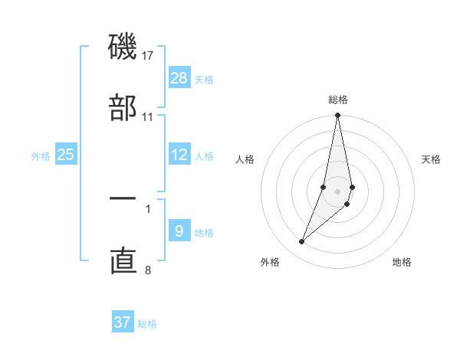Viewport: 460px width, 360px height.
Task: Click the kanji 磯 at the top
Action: pyautogui.click(x=123, y=48)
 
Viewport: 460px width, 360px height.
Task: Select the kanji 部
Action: pyautogui.click(x=123, y=108)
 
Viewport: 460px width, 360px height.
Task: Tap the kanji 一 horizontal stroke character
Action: pyautogui.click(x=123, y=199)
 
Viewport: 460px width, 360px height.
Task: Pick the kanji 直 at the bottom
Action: pyautogui.click(x=123, y=260)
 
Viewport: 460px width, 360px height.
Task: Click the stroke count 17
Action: pyautogui.click(x=148, y=56)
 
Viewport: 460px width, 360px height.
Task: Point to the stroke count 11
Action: pyautogui.click(x=148, y=117)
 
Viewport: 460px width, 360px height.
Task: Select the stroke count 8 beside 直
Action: pyautogui.click(x=148, y=270)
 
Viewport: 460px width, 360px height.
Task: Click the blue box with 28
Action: pyautogui.click(x=179, y=78)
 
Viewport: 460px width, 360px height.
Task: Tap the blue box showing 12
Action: pyautogui.click(x=179, y=155)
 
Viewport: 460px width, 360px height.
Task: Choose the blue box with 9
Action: pyautogui.click(x=179, y=231)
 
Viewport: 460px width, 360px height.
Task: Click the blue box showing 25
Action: pyautogui.click(x=66, y=155)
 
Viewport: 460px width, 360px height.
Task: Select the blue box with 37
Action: pyautogui.click(x=123, y=322)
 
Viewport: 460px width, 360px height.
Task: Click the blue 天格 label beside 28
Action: pyautogui.click(x=204, y=79)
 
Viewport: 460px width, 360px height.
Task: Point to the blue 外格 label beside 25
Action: pyautogui.click(x=41, y=155)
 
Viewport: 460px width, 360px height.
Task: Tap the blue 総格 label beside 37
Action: pyautogui.click(x=147, y=323)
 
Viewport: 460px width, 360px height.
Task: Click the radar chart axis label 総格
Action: pyautogui.click(x=338, y=100)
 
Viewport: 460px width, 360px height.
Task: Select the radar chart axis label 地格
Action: pyautogui.click(x=402, y=262)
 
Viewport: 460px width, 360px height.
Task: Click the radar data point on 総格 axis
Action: pyautogui.click(x=338, y=116)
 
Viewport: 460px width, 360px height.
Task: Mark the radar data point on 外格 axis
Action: pyautogui.click(x=301, y=242)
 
